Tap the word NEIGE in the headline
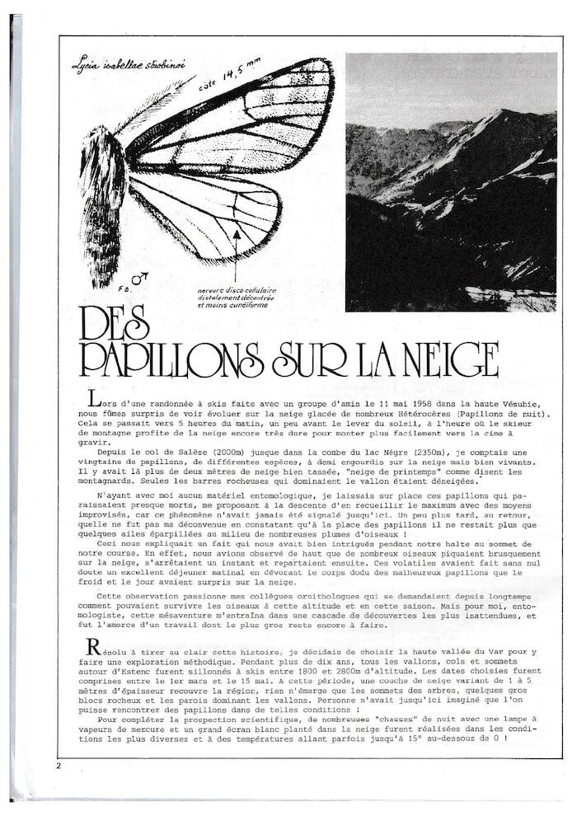click(x=442, y=359)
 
